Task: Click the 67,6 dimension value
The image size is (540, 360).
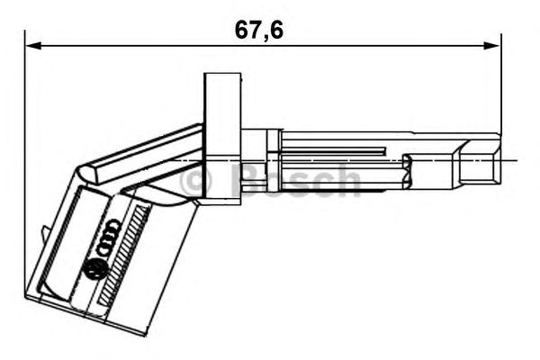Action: point(259,30)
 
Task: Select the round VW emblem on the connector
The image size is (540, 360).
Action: point(94,267)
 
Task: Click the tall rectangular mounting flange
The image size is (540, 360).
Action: point(222,135)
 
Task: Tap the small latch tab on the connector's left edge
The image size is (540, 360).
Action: point(45,235)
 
